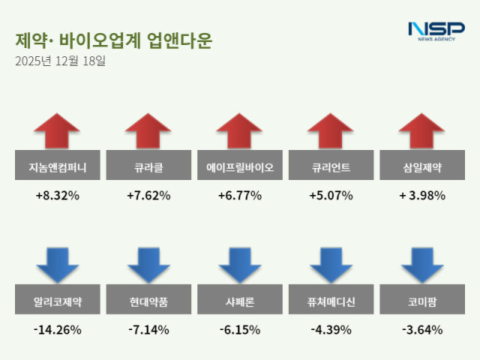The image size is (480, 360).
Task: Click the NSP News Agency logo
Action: [x=436, y=31]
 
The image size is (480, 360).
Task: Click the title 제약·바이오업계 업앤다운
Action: [x=113, y=40]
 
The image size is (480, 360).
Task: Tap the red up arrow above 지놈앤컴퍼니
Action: [x=57, y=132]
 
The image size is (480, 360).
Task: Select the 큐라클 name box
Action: [x=148, y=166]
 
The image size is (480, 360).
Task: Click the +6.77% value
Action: [x=240, y=196]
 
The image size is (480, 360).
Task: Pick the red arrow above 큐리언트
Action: [x=331, y=132]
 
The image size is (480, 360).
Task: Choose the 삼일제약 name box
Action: [x=422, y=166]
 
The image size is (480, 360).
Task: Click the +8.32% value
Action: [x=57, y=196]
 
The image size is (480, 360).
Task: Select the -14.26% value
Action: [x=57, y=329]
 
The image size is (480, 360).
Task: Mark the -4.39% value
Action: [x=331, y=329]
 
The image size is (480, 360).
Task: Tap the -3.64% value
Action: [x=422, y=329]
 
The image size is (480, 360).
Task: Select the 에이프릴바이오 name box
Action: [x=240, y=166]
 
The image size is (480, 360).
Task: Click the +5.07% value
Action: [x=331, y=196]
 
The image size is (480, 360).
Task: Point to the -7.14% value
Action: [x=148, y=329]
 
